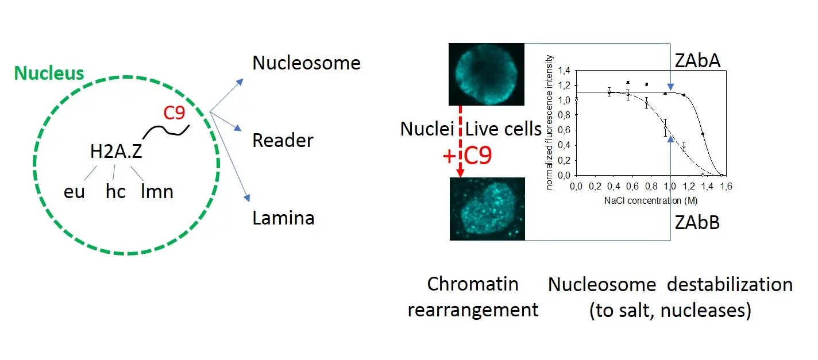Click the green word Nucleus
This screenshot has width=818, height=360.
(49, 73)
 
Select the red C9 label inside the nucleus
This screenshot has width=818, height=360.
(174, 114)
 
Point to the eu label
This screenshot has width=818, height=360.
(74, 191)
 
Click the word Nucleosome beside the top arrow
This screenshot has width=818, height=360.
(306, 63)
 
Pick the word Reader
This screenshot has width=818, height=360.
(283, 140)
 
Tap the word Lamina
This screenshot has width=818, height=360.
(283, 218)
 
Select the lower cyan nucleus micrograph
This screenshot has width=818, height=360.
(487, 208)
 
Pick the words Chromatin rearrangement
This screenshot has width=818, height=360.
(473, 297)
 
